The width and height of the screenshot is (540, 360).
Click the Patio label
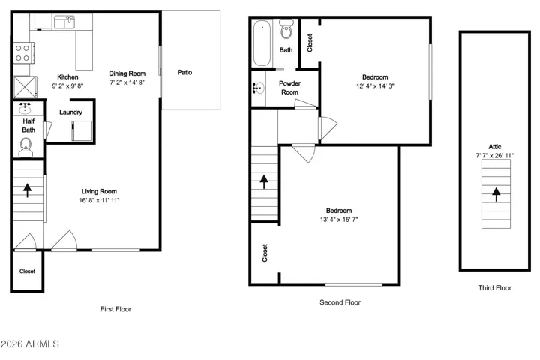tap(184, 72)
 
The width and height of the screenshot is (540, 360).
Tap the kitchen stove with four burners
tap(23, 53)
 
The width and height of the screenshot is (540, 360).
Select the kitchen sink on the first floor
tap(64, 22)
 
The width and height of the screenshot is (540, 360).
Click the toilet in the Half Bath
tap(25, 148)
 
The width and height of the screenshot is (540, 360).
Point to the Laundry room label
tap(70, 112)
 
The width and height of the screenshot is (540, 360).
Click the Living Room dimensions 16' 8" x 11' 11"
tap(99, 200)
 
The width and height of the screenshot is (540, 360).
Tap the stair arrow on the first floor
tap(27, 190)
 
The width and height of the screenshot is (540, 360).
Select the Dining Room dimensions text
tap(127, 82)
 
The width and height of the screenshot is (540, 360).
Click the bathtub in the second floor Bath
tap(262, 43)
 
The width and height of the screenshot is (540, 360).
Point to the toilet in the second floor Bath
tap(286, 29)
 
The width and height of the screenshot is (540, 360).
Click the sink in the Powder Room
tap(258, 88)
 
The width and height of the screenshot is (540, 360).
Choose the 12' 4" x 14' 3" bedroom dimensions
tap(375, 86)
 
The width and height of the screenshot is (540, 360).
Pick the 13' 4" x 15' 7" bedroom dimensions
tap(339, 220)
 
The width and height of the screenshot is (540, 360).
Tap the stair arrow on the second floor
tap(264, 181)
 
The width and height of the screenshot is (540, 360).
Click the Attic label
tap(495, 147)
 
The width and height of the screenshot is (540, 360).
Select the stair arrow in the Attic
tap(496, 194)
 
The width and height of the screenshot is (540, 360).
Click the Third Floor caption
tap(494, 288)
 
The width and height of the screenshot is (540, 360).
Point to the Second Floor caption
tap(340, 302)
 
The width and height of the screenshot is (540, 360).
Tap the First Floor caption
tap(115, 309)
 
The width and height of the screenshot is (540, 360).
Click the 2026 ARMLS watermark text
tap(29, 343)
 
